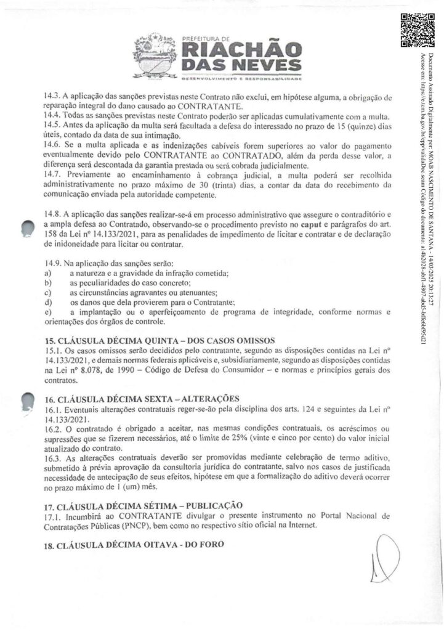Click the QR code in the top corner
point(412,30)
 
